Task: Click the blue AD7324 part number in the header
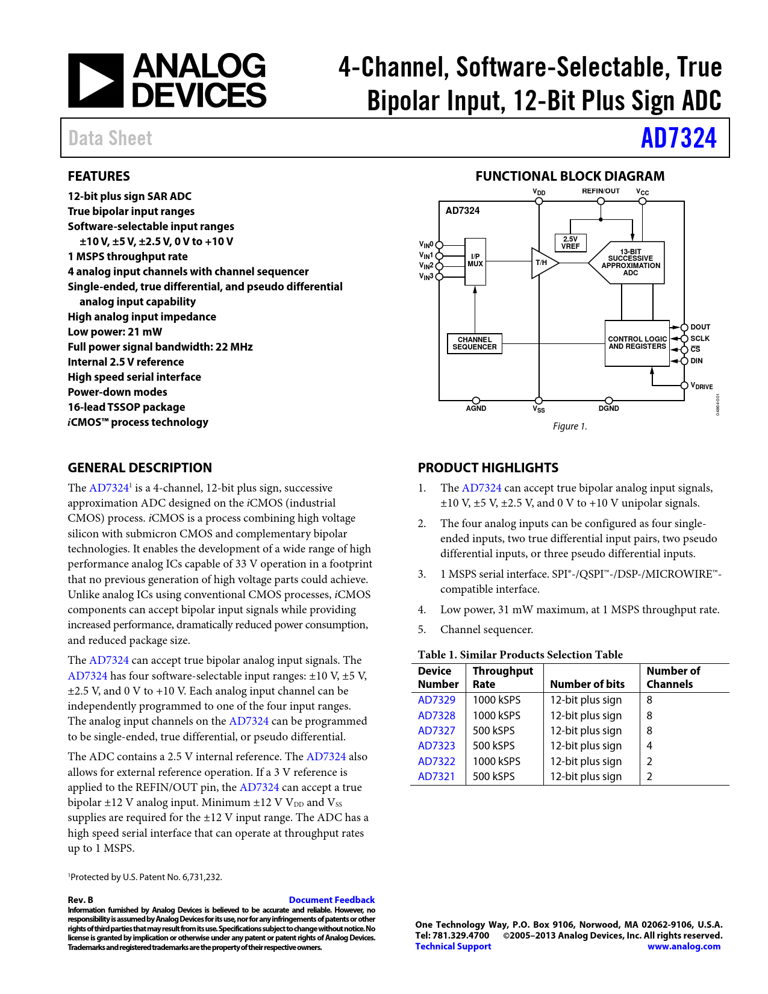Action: click(678, 138)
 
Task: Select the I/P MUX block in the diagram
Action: click(475, 261)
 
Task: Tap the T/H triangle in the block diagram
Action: click(543, 263)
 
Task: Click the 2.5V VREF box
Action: click(570, 243)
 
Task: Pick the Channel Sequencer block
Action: click(475, 343)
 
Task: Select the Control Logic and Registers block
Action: click(637, 343)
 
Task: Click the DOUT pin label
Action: click(701, 327)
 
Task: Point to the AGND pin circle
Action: click(476, 401)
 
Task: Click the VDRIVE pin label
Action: click(702, 386)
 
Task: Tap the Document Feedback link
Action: click(331, 899)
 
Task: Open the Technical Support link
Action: click(453, 946)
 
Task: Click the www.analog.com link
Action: click(684, 946)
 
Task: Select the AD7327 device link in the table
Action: click(437, 731)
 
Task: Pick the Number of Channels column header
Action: click(673, 678)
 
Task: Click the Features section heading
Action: click(99, 177)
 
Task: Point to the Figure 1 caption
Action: click(570, 427)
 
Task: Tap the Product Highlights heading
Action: click(488, 468)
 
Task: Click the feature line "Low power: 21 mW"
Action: click(114, 332)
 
